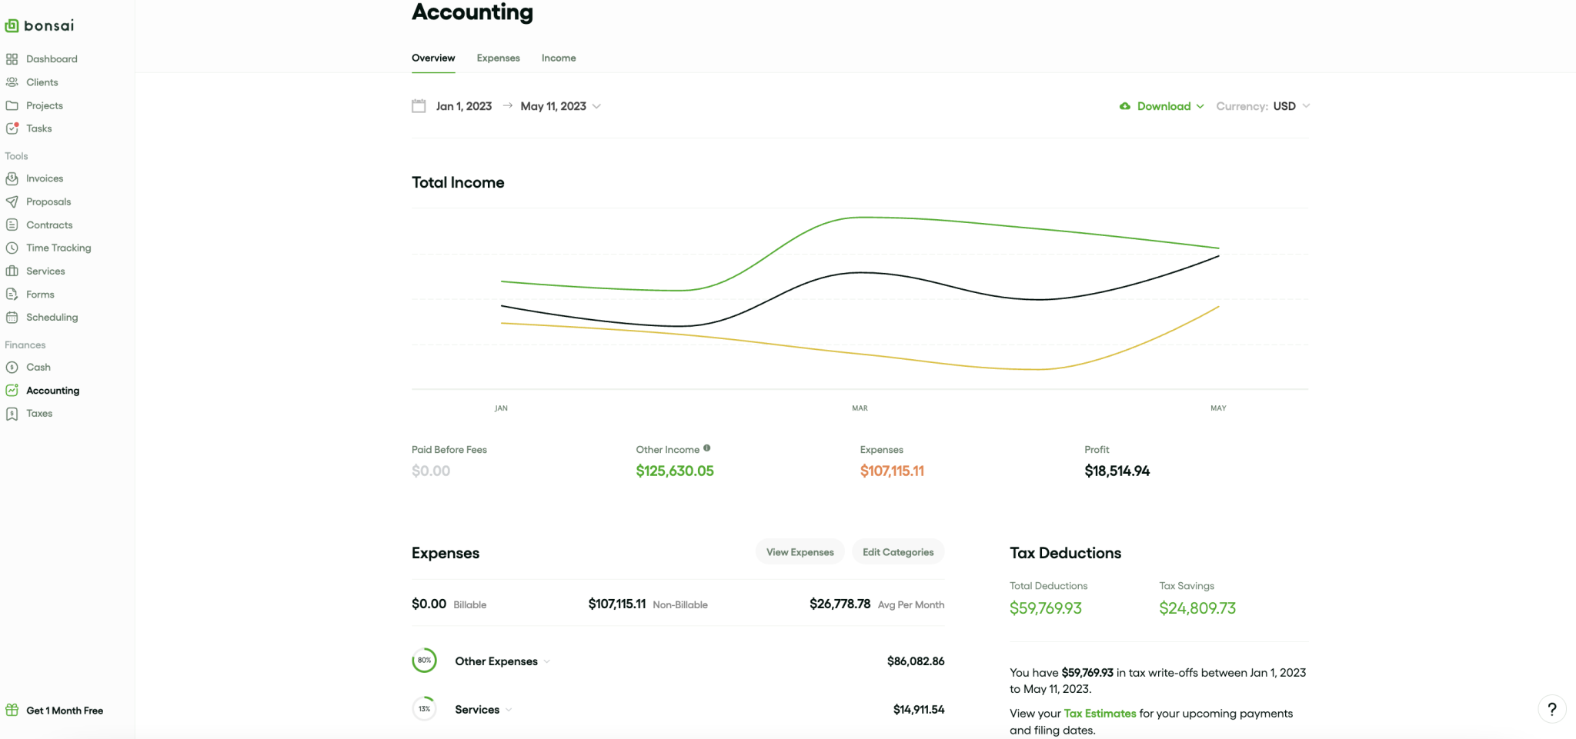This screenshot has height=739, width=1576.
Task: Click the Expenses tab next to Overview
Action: pos(498,58)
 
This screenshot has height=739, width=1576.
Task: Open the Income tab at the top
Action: pos(559,58)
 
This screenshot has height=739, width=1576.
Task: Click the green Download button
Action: pos(1162,106)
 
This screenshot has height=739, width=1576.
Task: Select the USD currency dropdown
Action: pos(1291,106)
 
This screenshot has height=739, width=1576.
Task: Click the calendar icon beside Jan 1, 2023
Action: pos(419,106)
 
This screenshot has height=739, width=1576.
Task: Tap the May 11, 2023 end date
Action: pos(553,106)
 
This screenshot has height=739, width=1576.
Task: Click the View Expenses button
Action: pos(800,552)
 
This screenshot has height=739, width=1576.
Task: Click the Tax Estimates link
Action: pos(1100,714)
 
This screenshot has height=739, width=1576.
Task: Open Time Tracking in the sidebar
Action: pos(58,248)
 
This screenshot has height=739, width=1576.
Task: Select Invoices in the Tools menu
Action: pos(45,178)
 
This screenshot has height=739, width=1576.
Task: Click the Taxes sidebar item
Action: pos(39,414)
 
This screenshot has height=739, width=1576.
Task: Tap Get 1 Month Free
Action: pos(65,711)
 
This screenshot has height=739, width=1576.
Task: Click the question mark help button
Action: pos(1551,709)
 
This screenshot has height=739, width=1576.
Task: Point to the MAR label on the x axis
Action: pos(860,408)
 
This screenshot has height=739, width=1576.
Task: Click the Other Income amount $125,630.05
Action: pos(675,471)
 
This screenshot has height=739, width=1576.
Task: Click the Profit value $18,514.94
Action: pos(1117,471)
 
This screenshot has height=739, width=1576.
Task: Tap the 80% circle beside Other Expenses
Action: pos(424,661)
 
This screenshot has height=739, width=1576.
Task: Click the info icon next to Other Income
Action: pos(706,448)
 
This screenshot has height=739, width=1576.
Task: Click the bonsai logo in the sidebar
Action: pos(40,25)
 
